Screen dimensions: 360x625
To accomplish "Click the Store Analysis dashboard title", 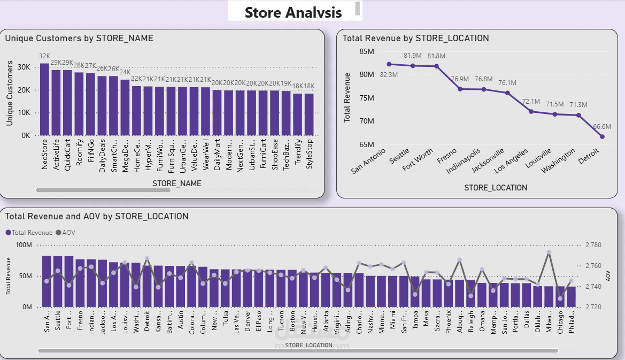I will coord(293,12).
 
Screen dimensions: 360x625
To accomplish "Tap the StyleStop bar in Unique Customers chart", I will coord(309,114).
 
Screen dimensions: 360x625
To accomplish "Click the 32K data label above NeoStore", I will coord(44,56).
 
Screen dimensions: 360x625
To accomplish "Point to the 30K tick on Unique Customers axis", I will coord(24,67).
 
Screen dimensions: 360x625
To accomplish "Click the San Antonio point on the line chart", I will coord(389,64).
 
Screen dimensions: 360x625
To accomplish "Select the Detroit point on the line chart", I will coord(602,136).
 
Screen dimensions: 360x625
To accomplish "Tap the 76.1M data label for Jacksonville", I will coord(507,83).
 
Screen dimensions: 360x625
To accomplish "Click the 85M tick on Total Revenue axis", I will coord(366,51).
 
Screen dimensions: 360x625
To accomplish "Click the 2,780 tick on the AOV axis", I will coord(593,245).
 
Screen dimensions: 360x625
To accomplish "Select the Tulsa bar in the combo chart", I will coord(225,288).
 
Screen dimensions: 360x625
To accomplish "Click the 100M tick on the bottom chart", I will coord(24,245).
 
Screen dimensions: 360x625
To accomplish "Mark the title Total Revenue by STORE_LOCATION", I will coord(415,38).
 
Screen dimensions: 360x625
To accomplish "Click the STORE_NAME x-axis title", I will coord(177,183).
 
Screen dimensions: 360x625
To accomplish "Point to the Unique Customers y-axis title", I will coord(10,94).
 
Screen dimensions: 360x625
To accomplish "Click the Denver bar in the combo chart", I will coord(247,288).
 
